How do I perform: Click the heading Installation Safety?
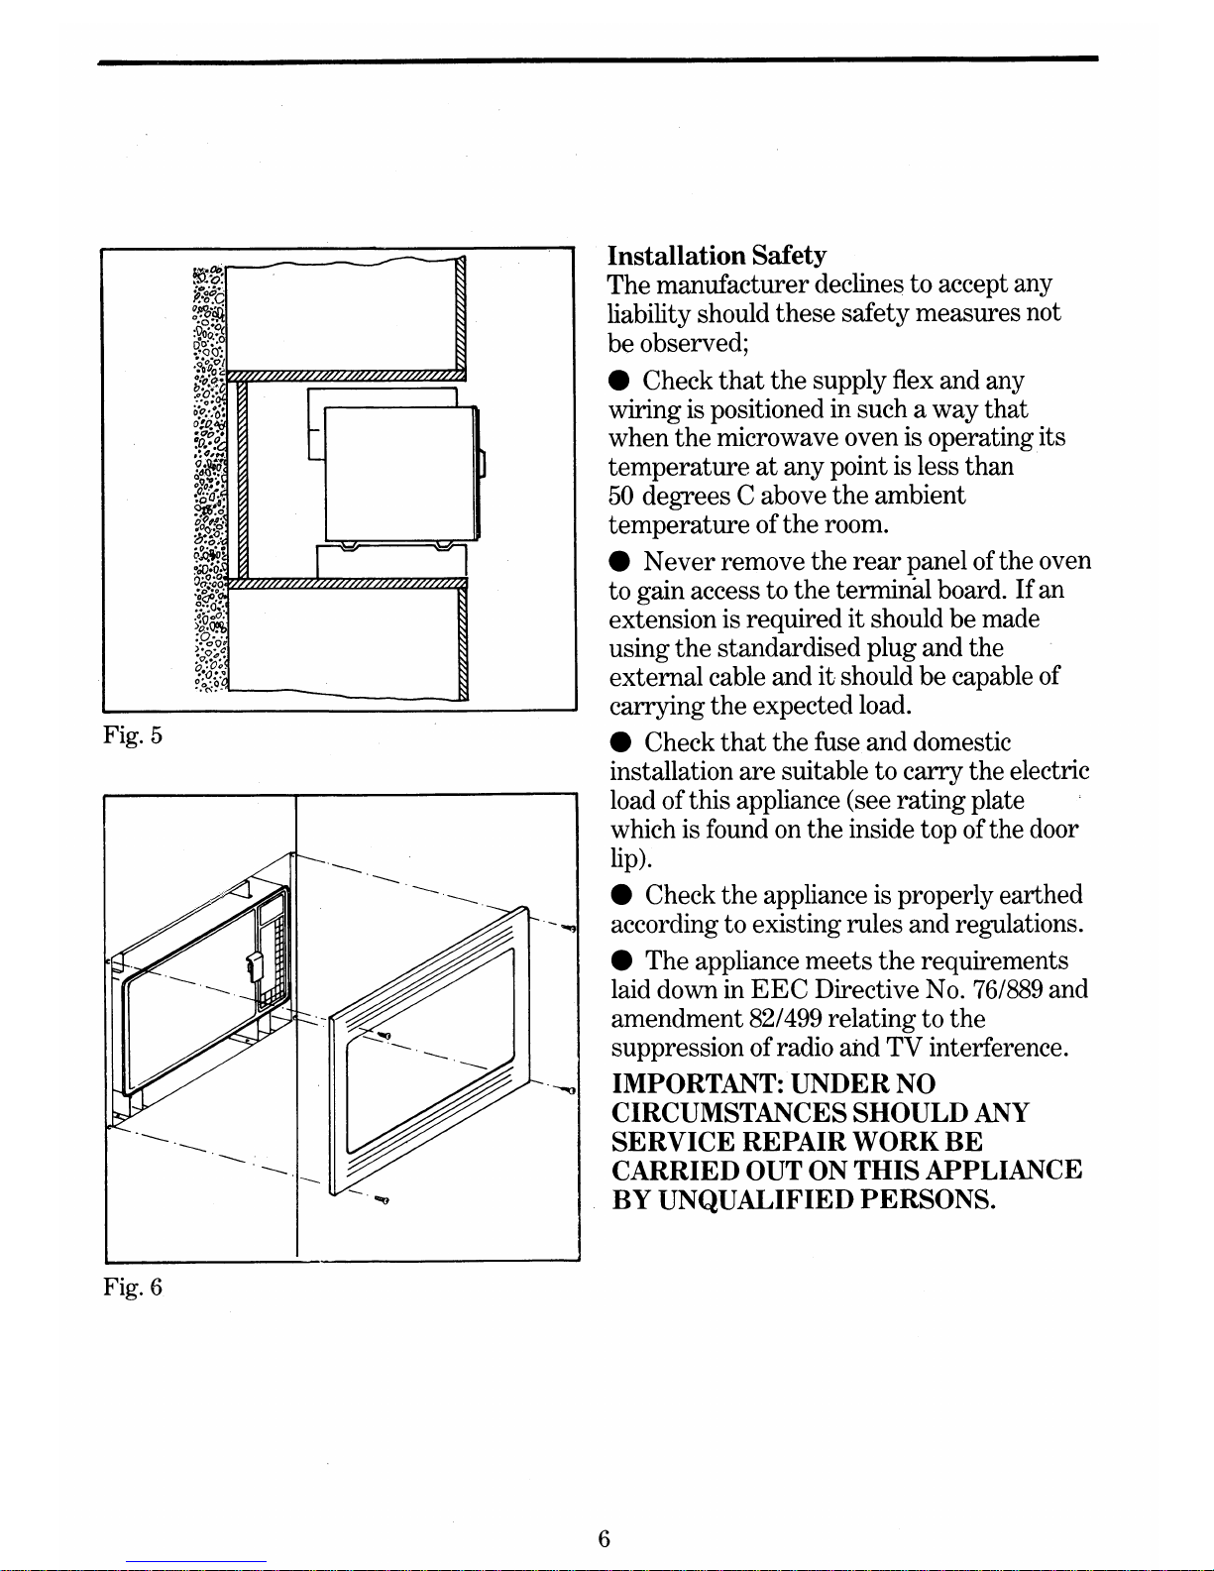click(x=717, y=256)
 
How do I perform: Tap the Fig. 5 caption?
click(x=131, y=736)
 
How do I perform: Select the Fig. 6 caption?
click(x=131, y=1288)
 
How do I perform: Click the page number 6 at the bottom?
click(x=604, y=1538)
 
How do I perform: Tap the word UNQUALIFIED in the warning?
click(x=756, y=1200)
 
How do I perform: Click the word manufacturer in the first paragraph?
click(x=732, y=285)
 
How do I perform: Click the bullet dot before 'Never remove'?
click(x=618, y=562)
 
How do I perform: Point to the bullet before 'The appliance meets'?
click(x=619, y=961)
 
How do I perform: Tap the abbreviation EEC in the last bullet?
click(x=782, y=989)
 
